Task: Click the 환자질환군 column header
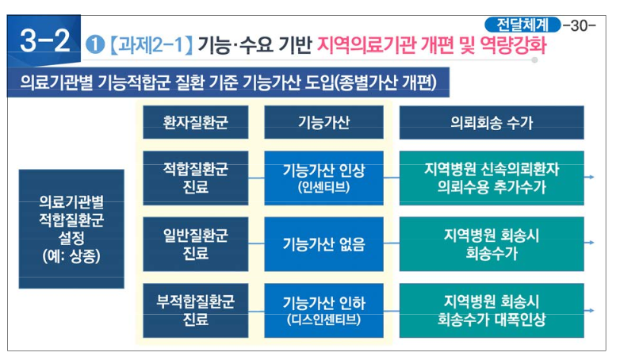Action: tap(195, 123)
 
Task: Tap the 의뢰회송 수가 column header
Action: tap(491, 123)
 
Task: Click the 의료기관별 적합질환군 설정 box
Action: tap(71, 228)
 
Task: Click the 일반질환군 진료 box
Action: tap(195, 243)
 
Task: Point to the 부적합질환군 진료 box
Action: tap(195, 310)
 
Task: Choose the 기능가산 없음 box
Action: tap(323, 244)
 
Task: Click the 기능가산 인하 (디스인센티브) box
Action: tap(323, 310)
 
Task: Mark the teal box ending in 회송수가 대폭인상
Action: tap(491, 310)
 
